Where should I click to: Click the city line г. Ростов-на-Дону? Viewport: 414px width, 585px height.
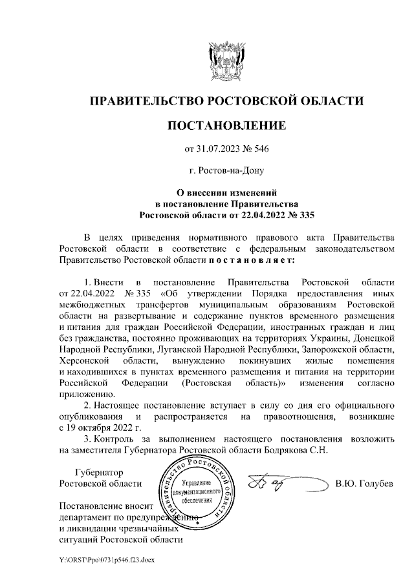pos(226,171)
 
